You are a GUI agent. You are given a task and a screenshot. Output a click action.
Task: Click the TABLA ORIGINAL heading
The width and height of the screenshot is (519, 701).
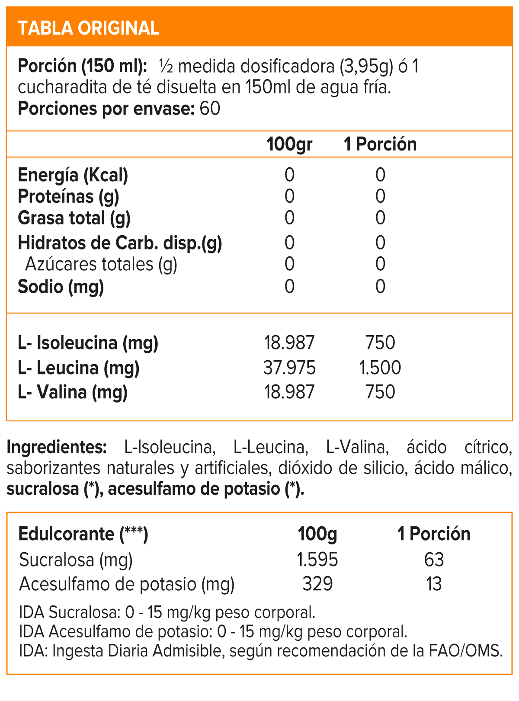point(88,28)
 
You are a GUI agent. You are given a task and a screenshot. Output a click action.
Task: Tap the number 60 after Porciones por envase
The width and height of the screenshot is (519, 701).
point(210,109)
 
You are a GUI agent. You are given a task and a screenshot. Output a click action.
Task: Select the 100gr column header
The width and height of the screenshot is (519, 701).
point(289,144)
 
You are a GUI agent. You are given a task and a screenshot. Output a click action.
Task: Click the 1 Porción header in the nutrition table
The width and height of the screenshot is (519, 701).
point(380,144)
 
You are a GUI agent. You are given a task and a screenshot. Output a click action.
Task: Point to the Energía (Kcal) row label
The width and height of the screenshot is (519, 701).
point(73,175)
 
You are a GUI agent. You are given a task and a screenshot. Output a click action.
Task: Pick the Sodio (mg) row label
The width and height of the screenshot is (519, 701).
point(61,287)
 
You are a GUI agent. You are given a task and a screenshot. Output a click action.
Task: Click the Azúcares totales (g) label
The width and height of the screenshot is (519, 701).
point(101,264)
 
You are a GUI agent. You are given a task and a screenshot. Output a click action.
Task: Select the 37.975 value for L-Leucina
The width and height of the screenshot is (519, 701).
point(289,368)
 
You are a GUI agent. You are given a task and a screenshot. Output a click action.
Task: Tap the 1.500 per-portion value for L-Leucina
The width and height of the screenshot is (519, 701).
point(380,368)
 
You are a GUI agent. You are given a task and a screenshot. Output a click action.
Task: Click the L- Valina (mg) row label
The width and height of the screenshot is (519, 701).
point(73,392)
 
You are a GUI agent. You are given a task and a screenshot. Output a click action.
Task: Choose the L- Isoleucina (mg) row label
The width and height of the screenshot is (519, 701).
point(88,343)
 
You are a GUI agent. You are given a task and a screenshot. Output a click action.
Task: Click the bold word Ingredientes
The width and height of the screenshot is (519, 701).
point(57,447)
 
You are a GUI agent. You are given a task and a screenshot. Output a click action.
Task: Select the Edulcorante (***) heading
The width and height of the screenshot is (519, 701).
point(83,534)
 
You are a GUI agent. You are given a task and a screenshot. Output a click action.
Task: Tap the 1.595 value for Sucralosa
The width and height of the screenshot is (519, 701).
point(317,560)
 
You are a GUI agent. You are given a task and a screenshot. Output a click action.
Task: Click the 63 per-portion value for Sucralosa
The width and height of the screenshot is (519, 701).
point(434,560)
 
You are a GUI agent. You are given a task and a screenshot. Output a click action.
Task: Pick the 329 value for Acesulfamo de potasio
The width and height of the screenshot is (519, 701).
point(317,584)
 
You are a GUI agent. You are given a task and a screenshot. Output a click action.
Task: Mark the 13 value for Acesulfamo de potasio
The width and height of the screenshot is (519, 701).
point(434,584)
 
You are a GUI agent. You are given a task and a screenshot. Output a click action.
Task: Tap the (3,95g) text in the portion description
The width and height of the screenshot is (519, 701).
point(367,67)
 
